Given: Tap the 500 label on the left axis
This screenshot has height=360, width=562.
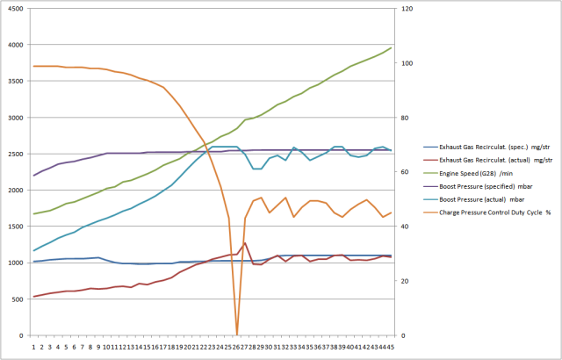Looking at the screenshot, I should (x=19, y=299).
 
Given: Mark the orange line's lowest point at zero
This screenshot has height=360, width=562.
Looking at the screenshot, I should (x=237, y=335).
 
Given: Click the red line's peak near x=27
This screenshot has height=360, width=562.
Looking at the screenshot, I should (x=245, y=243).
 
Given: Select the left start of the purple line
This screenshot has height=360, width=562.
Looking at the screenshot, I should (x=34, y=176).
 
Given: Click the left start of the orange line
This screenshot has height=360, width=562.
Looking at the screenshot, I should (x=34, y=66).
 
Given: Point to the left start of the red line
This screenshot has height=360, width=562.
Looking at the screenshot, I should (x=34, y=297).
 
